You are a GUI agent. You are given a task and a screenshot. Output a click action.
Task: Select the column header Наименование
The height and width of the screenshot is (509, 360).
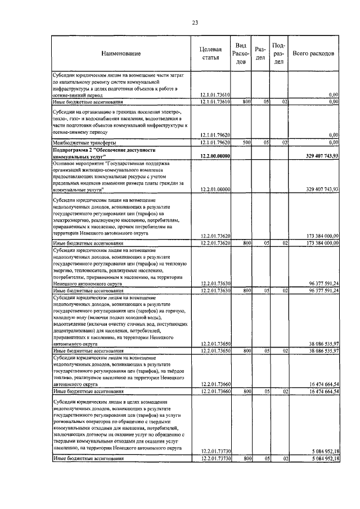click(x=121, y=53)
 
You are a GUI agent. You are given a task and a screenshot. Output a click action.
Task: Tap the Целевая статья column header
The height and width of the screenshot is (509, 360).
click(x=210, y=53)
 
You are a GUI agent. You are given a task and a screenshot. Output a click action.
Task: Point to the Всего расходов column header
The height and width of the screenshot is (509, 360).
click(x=314, y=53)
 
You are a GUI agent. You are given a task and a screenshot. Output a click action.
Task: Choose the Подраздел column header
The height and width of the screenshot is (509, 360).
click(x=278, y=53)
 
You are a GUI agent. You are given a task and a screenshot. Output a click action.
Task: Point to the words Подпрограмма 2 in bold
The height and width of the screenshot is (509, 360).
click(x=73, y=151)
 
